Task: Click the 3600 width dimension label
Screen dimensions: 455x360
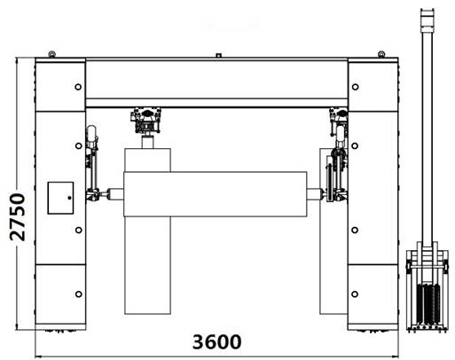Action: click(x=216, y=341)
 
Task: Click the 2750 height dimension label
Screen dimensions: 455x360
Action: click(x=18, y=216)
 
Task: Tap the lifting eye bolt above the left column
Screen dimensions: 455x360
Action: click(x=52, y=54)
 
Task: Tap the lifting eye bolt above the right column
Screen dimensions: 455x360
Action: click(x=381, y=54)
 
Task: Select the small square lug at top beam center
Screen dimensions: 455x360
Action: click(x=218, y=55)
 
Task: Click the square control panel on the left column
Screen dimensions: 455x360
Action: click(x=60, y=198)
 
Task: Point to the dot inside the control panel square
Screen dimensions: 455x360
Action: click(x=69, y=198)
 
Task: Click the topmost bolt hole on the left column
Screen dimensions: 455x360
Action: click(x=78, y=87)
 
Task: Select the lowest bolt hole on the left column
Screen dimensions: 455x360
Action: click(x=79, y=294)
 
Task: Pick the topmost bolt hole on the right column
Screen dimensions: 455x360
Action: click(x=356, y=87)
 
